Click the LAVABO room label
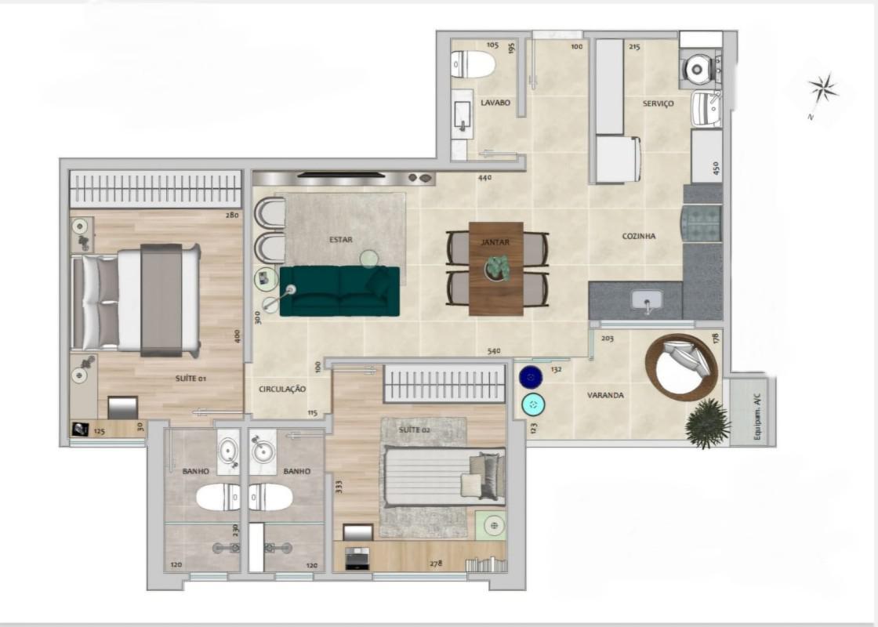(495, 103)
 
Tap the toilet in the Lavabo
(473, 63)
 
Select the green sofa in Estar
(340, 291)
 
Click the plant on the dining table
(496, 267)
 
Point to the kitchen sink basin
(648, 299)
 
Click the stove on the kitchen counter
(702, 224)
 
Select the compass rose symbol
(822, 89)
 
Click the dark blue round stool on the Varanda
(530, 377)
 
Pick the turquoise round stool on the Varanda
(532, 404)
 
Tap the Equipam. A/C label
(757, 415)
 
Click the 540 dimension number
(494, 351)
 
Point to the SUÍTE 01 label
(190, 379)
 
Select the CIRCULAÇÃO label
(282, 389)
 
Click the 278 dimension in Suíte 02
(436, 564)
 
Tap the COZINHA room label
(639, 236)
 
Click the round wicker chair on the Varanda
(681, 368)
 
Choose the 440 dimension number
(485, 177)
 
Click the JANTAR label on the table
(495, 242)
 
